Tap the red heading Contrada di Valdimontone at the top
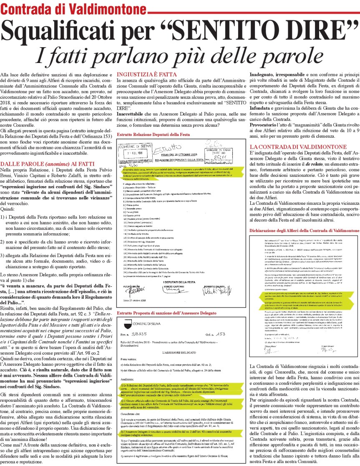73,9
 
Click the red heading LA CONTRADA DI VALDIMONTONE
298,147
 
